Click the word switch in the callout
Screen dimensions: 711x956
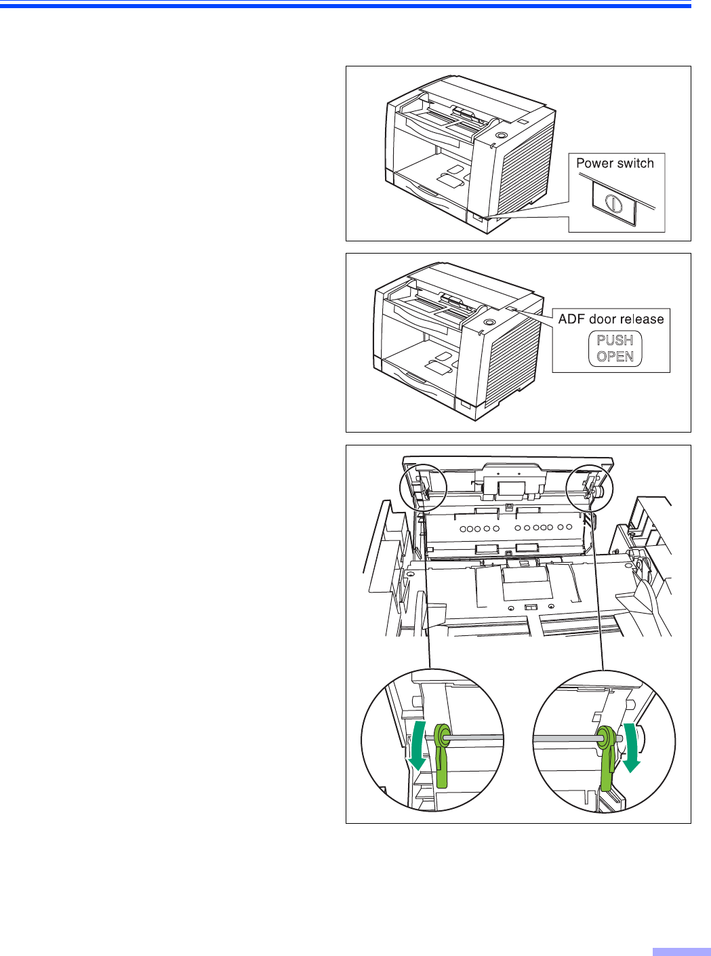point(636,163)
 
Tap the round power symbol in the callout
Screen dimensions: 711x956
point(613,203)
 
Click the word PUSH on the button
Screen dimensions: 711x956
point(615,340)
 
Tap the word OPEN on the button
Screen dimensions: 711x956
point(615,357)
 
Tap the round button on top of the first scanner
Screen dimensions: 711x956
point(501,136)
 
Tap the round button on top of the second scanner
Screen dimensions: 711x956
point(489,323)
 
